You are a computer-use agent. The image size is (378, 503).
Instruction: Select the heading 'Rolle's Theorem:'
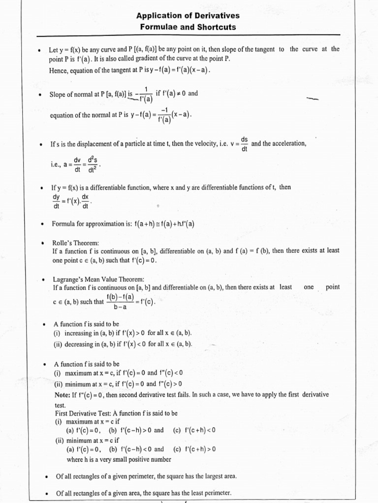point(76,243)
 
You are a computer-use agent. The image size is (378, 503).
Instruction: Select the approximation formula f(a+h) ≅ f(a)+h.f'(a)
point(164,224)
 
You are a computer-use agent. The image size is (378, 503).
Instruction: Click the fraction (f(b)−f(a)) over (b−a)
point(121,301)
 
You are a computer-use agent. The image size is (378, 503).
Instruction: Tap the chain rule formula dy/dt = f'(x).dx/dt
point(71,202)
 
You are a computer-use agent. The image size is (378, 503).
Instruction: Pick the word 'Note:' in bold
point(63,394)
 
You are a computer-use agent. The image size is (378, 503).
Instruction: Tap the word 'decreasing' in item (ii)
point(78,344)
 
